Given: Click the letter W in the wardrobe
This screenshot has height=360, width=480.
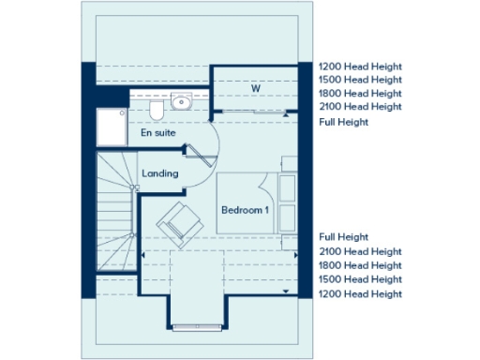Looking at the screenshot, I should (255, 89).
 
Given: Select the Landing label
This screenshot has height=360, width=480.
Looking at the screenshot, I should (159, 174).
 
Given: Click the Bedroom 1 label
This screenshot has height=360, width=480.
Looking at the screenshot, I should (245, 210).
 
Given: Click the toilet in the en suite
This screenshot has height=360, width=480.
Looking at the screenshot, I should (157, 111).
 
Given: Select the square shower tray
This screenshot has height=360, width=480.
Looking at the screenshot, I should (110, 127).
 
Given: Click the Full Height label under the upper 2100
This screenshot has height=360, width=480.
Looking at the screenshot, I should (344, 122).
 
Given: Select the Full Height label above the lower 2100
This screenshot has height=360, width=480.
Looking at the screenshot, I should (344, 237).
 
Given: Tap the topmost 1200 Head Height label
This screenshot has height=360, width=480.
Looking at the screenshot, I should (360, 67).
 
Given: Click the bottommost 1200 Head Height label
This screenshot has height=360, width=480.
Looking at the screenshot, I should (360, 293).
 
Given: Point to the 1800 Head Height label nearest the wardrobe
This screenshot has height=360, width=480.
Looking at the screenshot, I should (360, 94).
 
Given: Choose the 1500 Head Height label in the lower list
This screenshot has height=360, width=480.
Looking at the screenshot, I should (360, 279).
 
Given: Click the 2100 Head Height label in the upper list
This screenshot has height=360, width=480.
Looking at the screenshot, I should (360, 107).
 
